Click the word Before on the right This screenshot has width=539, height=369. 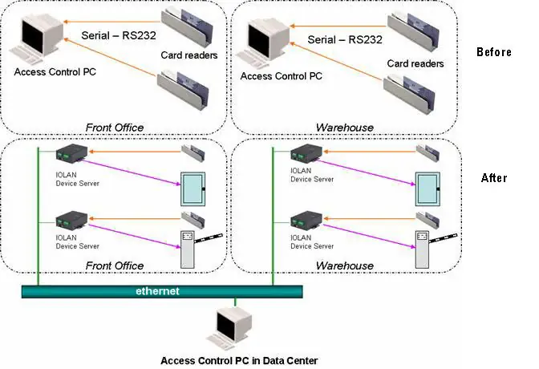tap(493, 52)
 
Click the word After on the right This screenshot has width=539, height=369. tap(493, 177)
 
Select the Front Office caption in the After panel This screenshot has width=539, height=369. tap(115, 266)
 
